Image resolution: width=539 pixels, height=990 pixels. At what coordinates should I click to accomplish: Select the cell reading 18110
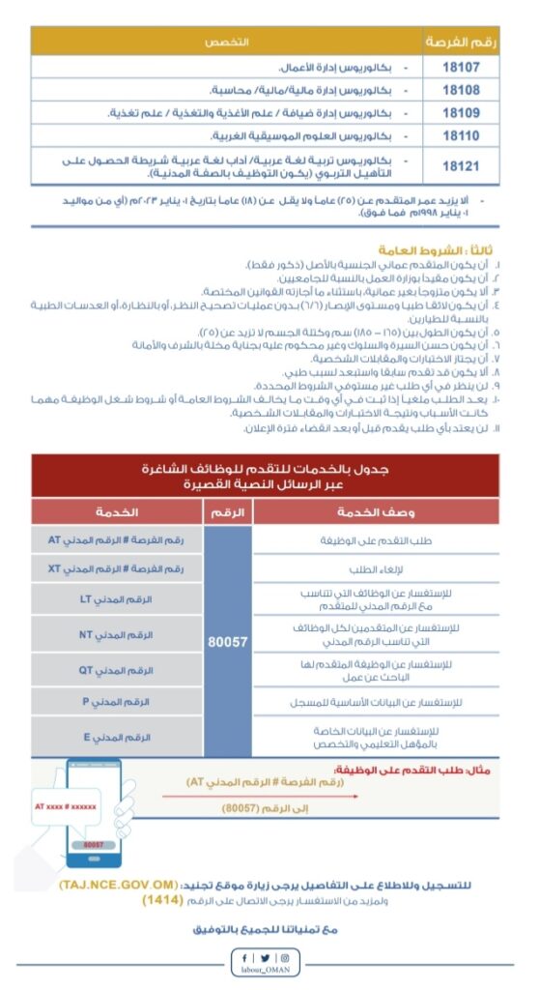point(460,135)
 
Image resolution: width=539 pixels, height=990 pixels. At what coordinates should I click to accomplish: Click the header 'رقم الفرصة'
point(460,42)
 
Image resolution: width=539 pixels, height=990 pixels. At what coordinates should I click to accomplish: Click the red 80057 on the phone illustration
point(93,844)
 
